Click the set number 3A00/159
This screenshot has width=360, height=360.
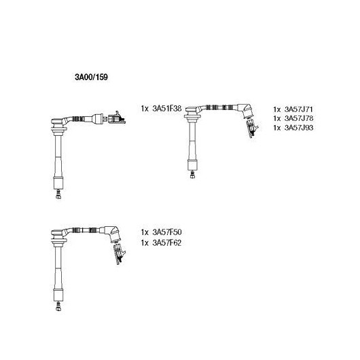pos(91,77)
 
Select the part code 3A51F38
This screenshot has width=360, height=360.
pos(167,109)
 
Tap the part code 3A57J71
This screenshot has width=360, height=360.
pos(299,109)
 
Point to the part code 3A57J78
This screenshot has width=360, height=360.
pos(299,118)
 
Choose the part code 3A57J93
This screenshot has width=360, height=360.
pos(299,128)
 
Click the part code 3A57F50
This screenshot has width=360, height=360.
pos(167,232)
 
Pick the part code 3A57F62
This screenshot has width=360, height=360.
pos(167,242)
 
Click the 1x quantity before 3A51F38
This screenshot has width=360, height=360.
pos(145,109)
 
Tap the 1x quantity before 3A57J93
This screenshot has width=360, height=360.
pos(277,128)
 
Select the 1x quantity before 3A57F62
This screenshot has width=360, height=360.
pos(145,242)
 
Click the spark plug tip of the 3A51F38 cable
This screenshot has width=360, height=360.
pos(58,194)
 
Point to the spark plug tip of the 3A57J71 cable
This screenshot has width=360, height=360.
pos(192,175)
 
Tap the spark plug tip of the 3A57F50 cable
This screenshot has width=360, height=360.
pos(58,306)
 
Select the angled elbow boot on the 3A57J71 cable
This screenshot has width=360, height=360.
pos(246,111)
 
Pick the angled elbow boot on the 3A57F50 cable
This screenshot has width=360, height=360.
pos(113,234)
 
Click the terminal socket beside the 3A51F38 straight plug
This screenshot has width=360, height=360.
pos(117,118)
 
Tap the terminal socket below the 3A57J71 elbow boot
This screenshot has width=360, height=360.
pos(252,128)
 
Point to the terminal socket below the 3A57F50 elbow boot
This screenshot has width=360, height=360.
pos(120,255)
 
